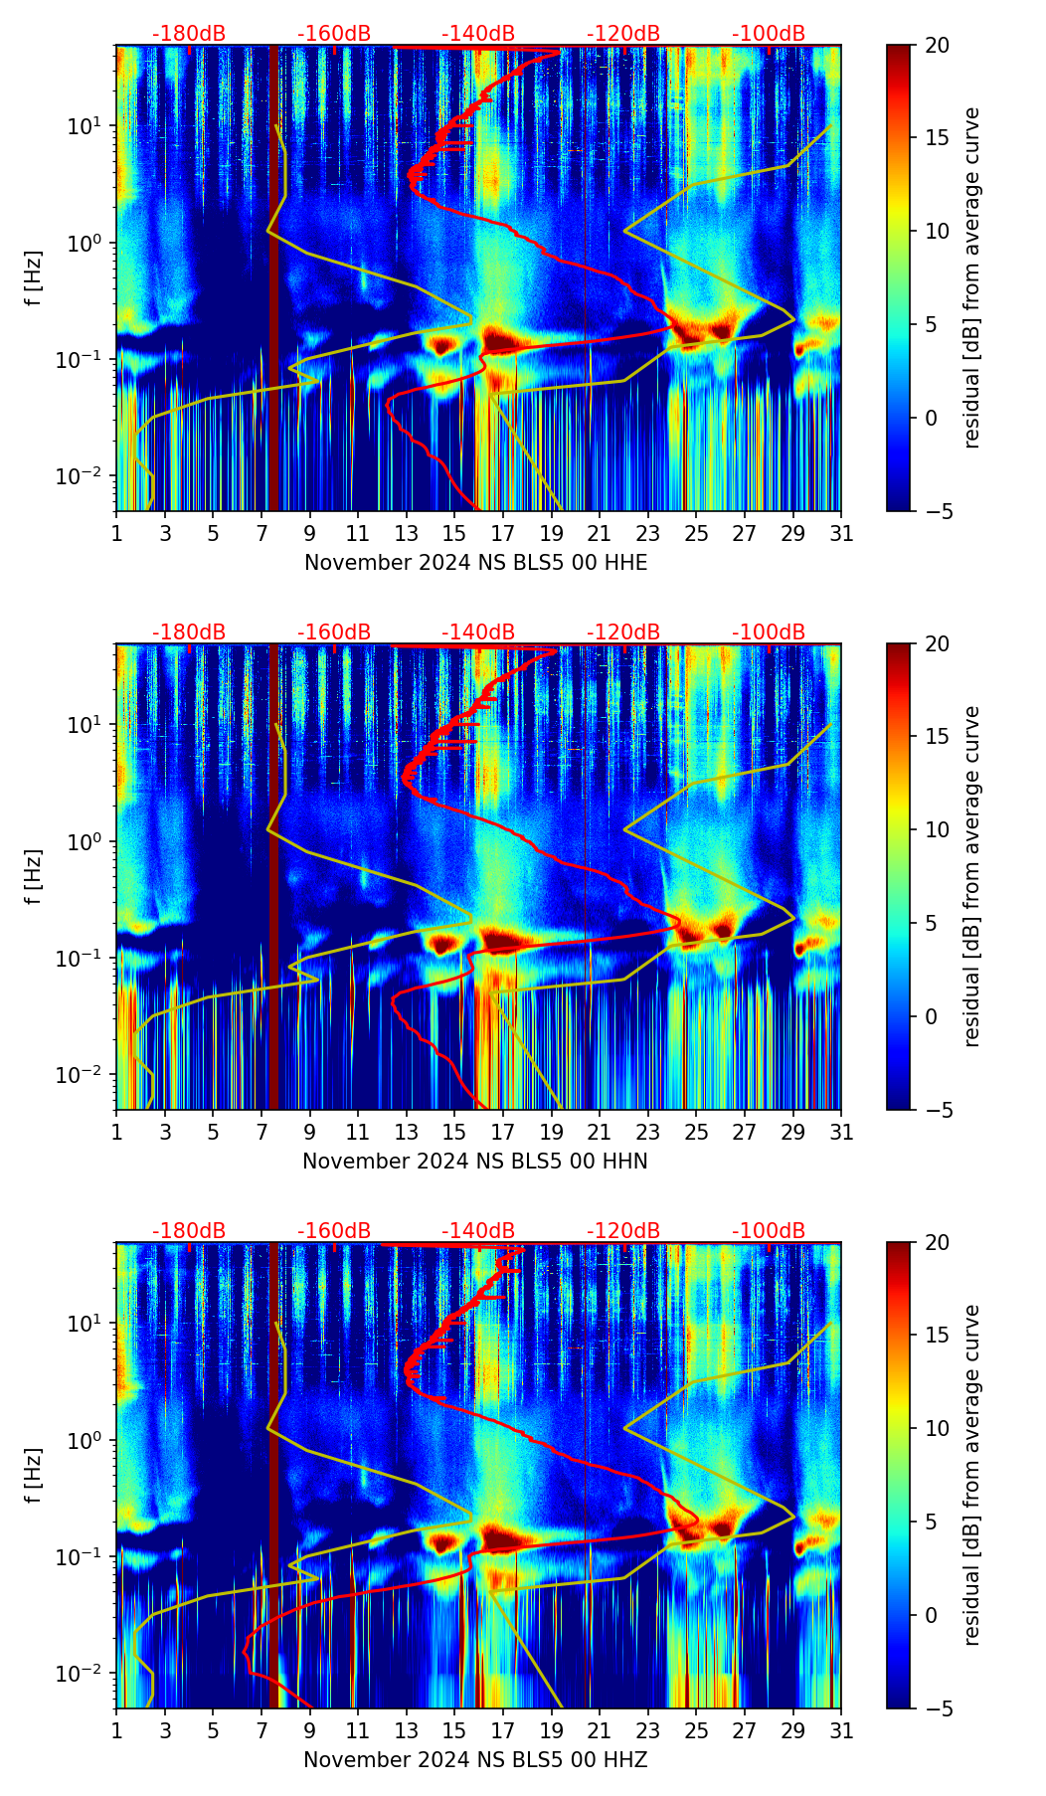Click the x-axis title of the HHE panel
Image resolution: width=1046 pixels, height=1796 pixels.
[x=475, y=563]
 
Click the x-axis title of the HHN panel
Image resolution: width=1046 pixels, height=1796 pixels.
[x=475, y=1162]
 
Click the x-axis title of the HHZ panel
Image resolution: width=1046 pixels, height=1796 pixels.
[x=475, y=1760]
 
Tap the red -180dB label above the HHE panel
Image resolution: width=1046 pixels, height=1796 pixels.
[x=189, y=34]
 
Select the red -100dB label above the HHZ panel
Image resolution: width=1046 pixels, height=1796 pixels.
[x=769, y=1231]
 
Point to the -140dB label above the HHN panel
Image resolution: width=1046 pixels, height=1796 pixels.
[x=478, y=632]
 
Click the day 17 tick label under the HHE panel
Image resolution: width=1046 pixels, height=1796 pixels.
[x=503, y=533]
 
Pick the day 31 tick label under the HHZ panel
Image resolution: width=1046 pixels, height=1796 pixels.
[x=841, y=1730]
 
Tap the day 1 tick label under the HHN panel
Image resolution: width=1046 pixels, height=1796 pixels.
[x=117, y=1132]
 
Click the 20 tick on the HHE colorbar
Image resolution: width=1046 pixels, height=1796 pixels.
[x=937, y=45]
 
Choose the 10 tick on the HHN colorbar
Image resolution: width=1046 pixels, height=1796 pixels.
[x=937, y=829]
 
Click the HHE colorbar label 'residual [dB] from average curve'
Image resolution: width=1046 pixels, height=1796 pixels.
[x=972, y=277]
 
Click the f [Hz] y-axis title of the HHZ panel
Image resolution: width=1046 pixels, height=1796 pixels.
[x=34, y=1475]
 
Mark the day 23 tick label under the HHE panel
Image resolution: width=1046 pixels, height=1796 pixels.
[x=648, y=533]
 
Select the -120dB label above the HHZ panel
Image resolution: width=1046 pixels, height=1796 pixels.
[x=623, y=1231]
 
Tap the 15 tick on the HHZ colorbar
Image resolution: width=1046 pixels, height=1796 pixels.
[x=937, y=1335]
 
